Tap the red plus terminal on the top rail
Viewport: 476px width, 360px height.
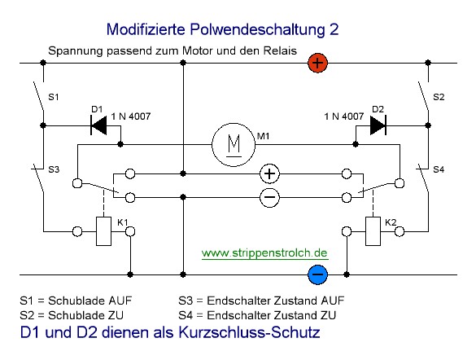click(x=317, y=63)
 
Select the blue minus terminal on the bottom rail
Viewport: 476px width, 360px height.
click(x=317, y=274)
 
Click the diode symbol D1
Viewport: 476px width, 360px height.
click(x=98, y=125)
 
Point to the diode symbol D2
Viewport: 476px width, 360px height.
click(x=378, y=125)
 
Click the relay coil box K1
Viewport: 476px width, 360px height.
click(x=103, y=231)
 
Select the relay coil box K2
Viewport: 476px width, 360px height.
click(x=373, y=231)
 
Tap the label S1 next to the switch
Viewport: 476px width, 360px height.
click(x=54, y=97)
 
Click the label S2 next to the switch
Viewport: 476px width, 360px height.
click(x=439, y=97)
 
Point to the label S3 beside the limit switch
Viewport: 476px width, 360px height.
click(x=54, y=169)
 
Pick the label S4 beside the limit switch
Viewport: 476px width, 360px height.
click(x=439, y=169)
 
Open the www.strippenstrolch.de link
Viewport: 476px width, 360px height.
click(x=264, y=252)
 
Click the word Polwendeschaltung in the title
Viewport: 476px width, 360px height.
click(x=257, y=30)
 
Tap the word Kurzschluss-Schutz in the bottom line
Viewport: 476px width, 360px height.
click(x=249, y=332)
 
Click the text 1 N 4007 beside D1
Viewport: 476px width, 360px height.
click(x=131, y=116)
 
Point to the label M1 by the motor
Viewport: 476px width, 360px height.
click(x=263, y=136)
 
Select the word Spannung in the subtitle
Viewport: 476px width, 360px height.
click(x=76, y=51)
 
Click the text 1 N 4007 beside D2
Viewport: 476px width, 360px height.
click(x=344, y=116)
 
